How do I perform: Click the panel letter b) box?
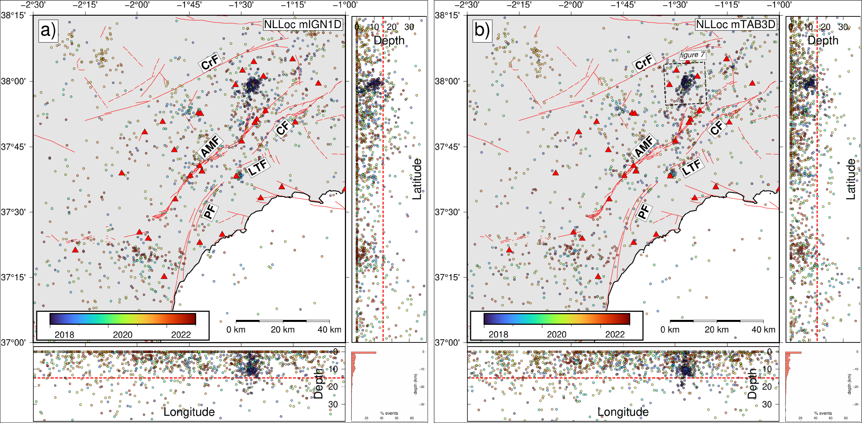point(482,30)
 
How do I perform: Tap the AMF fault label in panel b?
point(644,146)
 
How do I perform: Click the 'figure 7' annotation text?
point(692,55)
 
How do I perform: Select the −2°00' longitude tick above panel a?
point(137,5)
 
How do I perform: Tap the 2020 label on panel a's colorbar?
point(122,335)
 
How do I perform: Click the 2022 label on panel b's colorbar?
point(615,335)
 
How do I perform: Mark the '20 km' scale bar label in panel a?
point(283,330)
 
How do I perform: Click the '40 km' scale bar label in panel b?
point(763,330)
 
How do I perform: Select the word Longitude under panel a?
point(189,412)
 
